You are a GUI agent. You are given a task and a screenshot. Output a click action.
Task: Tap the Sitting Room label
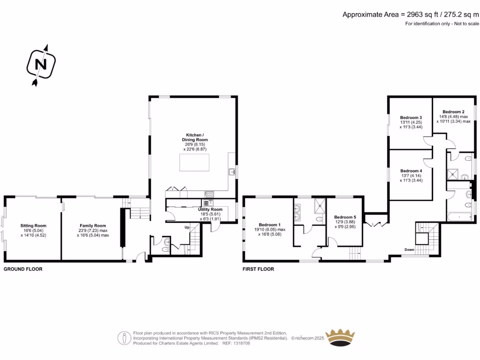[x=33, y=225]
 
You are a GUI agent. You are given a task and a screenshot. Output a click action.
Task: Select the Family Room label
[x=93, y=225]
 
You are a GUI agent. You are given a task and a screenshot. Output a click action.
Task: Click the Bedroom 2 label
[x=453, y=112]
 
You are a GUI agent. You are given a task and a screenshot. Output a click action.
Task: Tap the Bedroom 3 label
[x=411, y=117]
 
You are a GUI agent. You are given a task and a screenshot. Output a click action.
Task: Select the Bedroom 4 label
[x=411, y=171]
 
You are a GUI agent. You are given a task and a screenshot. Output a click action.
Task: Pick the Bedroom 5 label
[x=345, y=217]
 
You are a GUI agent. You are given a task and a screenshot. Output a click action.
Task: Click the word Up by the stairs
[x=187, y=227]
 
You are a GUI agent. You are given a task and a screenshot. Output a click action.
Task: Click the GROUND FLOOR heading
[x=23, y=270]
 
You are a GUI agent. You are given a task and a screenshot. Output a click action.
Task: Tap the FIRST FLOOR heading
[x=258, y=270]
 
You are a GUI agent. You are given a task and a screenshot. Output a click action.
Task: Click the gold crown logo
[x=340, y=337]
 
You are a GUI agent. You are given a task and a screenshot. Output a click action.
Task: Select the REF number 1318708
[x=241, y=343]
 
